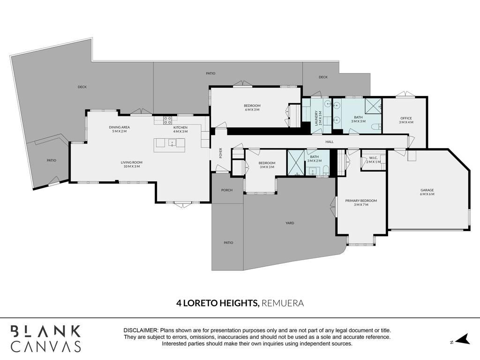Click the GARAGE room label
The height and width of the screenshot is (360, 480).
coord(427,190)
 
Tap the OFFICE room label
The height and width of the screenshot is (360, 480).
coord(406,118)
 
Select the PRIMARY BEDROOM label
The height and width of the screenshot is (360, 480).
coord(361,201)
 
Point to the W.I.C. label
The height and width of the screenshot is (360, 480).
coord(373,158)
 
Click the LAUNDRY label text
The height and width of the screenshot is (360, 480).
coord(316,118)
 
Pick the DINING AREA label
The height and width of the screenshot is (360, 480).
coord(120,127)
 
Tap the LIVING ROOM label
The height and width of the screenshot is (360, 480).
coord(132,163)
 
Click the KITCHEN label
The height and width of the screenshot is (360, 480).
coord(180,127)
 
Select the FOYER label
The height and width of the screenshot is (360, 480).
coord(220,153)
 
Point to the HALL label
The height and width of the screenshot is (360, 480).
coord(330,142)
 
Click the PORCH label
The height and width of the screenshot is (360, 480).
coord(227,190)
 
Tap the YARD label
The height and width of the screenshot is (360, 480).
coord(290,223)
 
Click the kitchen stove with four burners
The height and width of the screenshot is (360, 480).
coord(167,120)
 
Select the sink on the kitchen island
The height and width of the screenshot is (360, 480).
coord(172,142)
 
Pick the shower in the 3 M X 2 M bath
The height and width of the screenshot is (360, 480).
coord(296,163)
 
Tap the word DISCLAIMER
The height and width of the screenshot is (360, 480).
coord(141,330)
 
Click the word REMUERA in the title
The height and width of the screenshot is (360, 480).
coord(283,303)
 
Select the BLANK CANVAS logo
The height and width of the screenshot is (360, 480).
coord(46,339)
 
